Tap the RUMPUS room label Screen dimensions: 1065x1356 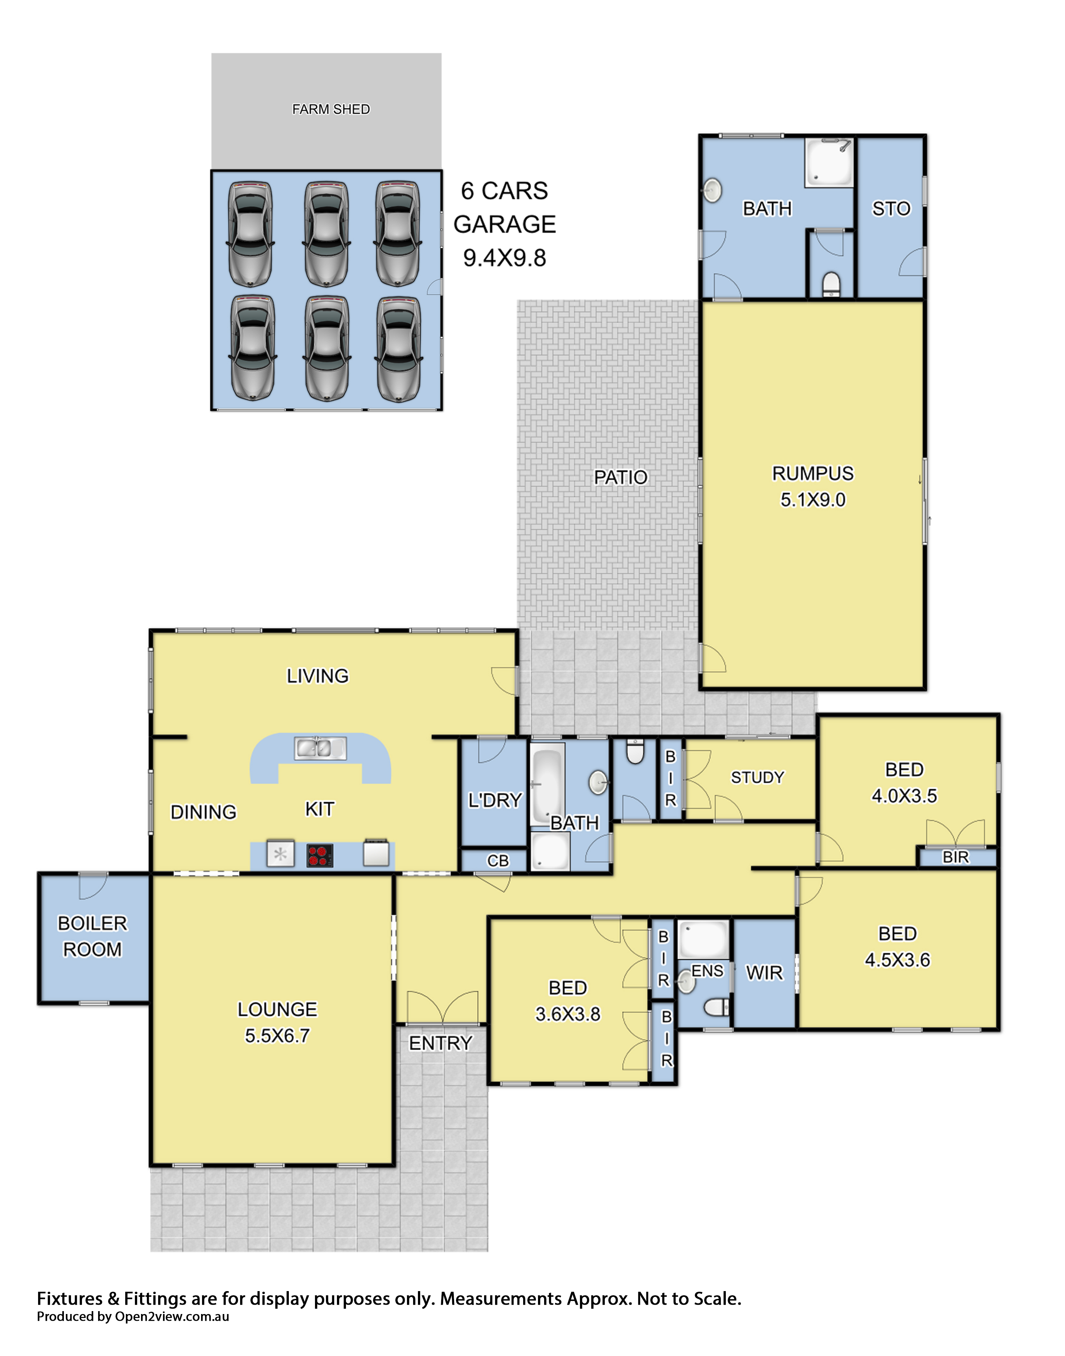813,473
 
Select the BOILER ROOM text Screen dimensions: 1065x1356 92,936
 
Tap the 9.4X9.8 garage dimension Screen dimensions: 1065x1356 504,258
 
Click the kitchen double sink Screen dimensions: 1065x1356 320,748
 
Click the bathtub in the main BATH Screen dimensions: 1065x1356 547,783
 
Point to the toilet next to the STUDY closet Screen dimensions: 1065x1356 635,752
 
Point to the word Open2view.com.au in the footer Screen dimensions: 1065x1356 172,1317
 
